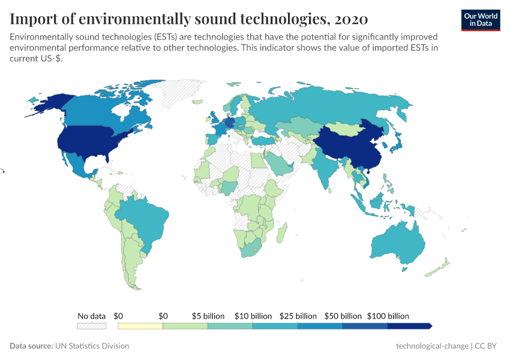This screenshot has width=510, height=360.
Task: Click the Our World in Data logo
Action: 481,20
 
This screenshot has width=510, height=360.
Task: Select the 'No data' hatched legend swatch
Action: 91,326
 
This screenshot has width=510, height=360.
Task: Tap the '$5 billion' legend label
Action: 208,316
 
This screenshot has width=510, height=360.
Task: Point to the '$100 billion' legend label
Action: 389,316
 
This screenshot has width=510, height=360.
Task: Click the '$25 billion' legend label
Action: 298,316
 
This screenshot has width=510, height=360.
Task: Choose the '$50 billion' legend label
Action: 343,316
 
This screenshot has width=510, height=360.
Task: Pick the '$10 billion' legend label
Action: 253,316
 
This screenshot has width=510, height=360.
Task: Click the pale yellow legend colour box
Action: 140,326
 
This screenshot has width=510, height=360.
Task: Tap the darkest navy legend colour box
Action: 409,326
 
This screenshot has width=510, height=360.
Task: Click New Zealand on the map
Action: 441,266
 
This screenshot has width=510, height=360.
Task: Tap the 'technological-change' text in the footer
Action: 432,346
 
